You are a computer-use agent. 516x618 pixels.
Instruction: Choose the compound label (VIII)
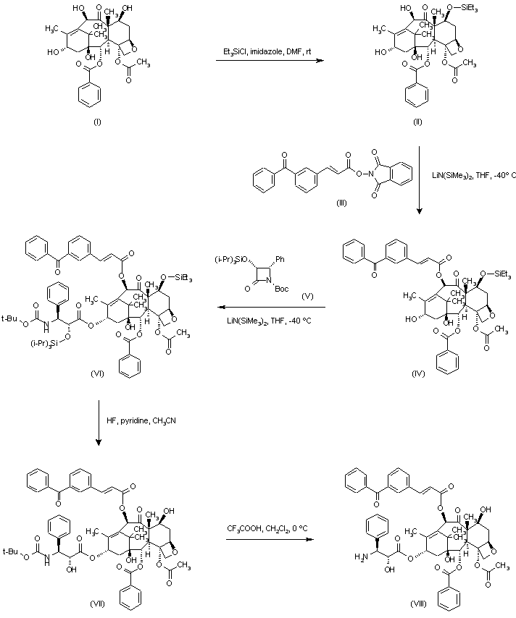pyautogui.click(x=418, y=602)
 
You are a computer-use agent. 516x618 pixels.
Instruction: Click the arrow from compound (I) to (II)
pyautogui.click(x=267, y=62)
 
